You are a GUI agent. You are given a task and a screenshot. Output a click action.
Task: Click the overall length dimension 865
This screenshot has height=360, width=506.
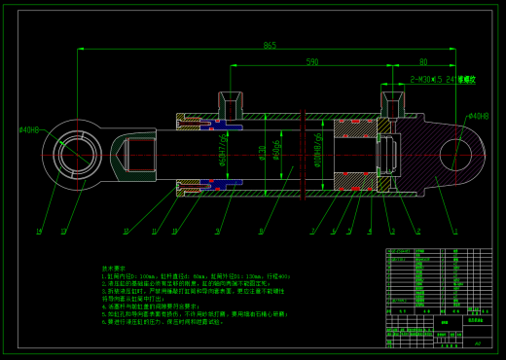coord(269,46)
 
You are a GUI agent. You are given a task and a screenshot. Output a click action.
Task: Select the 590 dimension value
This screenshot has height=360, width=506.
coord(311,62)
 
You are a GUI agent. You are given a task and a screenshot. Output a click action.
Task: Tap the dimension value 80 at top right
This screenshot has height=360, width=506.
coord(422,62)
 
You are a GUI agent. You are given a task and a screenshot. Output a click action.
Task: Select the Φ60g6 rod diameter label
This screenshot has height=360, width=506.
coord(276,153)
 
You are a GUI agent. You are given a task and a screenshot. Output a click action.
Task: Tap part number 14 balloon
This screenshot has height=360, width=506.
coord(38,232)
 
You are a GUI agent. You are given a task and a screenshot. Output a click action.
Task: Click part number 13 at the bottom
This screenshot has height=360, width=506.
coord(63,232)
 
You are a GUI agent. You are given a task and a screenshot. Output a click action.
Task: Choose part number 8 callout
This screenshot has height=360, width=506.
coord(261,232)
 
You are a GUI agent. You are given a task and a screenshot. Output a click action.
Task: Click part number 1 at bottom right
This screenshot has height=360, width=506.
coord(453,232)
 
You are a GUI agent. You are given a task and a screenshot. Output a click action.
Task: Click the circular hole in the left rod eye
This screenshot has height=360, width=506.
coord(74,153)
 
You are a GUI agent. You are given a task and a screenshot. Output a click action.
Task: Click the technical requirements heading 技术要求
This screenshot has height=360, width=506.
coord(116,267)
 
